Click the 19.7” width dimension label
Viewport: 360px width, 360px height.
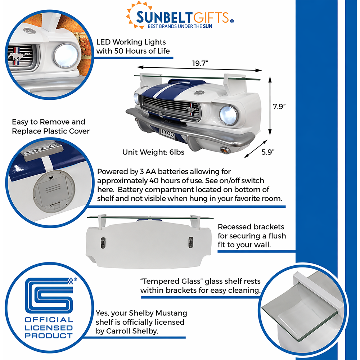pyautogui.click(x=200, y=63)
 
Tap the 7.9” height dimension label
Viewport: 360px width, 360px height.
pyautogui.click(x=279, y=107)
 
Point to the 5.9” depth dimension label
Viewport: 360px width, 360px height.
pyautogui.click(x=268, y=152)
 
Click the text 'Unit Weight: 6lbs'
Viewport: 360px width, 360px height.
pyautogui.click(x=153, y=152)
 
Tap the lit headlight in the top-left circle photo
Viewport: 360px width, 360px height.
pyautogui.click(x=66, y=56)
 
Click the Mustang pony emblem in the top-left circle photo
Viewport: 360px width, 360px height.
pyautogui.click(x=19, y=56)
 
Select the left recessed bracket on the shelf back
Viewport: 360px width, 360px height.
pyautogui.click(x=103, y=243)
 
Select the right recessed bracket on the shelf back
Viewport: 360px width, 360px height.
pyautogui.click(x=190, y=243)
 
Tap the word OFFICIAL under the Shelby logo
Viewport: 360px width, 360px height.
pyautogui.click(x=49, y=320)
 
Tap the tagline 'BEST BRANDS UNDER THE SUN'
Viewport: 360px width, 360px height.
pyautogui.click(x=180, y=26)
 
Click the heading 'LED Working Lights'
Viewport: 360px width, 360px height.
pyautogui.click(x=131, y=42)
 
